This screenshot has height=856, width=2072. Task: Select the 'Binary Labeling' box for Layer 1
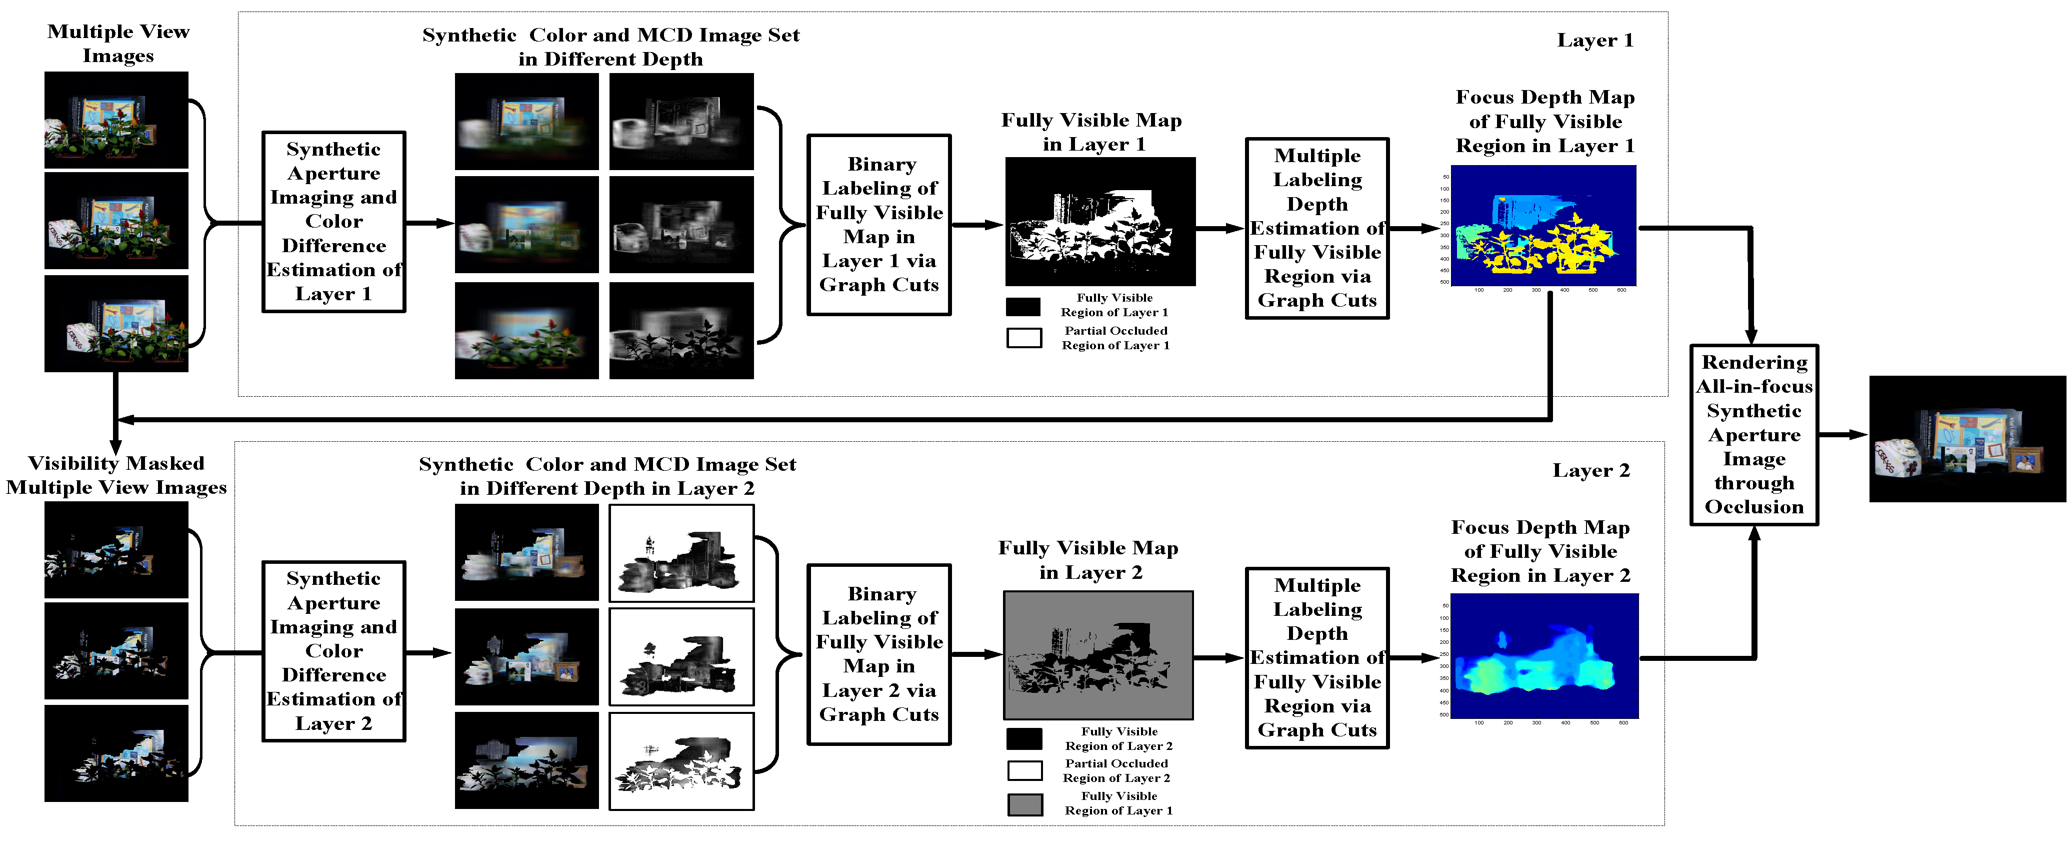[x=879, y=225]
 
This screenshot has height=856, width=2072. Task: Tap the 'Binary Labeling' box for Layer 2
[x=879, y=654]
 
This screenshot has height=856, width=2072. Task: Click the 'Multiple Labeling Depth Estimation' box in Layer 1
[x=1316, y=229]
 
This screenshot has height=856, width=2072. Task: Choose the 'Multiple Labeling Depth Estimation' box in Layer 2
[x=1316, y=658]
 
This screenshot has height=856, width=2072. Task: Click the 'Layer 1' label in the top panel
[x=1594, y=40]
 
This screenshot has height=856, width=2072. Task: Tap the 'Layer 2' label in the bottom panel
[x=1590, y=471]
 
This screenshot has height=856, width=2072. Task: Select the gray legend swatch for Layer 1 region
[x=1024, y=804]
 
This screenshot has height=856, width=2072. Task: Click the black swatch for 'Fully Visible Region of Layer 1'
[x=1023, y=307]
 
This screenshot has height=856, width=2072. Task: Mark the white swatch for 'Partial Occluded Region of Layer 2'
[x=1024, y=771]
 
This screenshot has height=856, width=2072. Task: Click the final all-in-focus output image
[x=1966, y=439]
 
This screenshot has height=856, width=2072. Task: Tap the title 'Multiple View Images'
[x=118, y=44]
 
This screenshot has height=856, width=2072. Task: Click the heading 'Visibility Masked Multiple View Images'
[x=116, y=475]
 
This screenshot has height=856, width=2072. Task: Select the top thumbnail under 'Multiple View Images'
[x=116, y=120]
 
